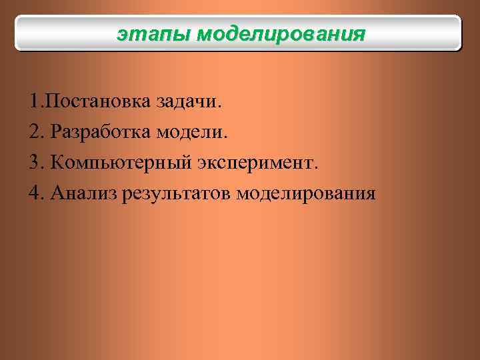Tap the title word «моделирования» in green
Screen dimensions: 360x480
click(281, 33)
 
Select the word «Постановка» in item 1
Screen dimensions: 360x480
click(98, 103)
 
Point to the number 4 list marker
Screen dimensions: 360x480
click(35, 193)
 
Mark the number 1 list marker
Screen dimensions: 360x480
click(34, 103)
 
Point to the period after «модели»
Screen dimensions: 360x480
click(225, 139)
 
